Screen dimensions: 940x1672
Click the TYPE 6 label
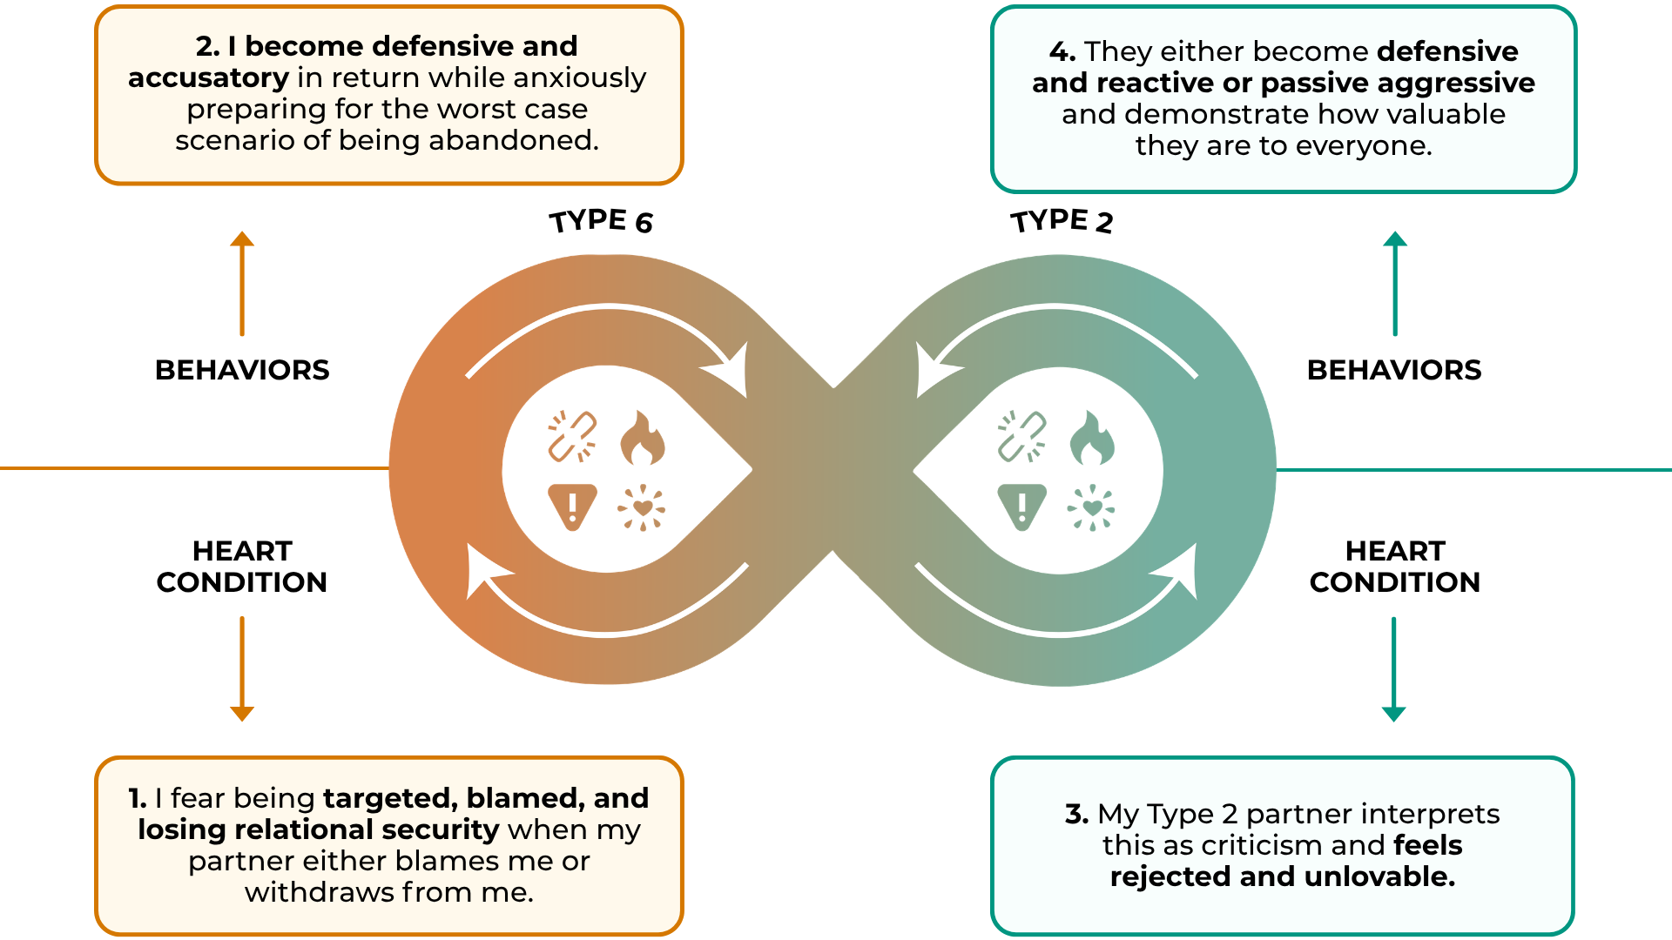(x=601, y=221)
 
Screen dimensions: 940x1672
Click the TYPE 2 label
(x=1062, y=221)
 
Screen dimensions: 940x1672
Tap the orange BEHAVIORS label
(x=242, y=370)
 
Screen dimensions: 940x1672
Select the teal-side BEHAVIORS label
(x=1394, y=370)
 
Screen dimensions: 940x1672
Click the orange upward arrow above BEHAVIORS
(x=242, y=283)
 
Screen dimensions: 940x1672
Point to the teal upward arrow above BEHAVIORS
(x=1395, y=283)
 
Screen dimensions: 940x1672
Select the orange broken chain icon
(x=572, y=436)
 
